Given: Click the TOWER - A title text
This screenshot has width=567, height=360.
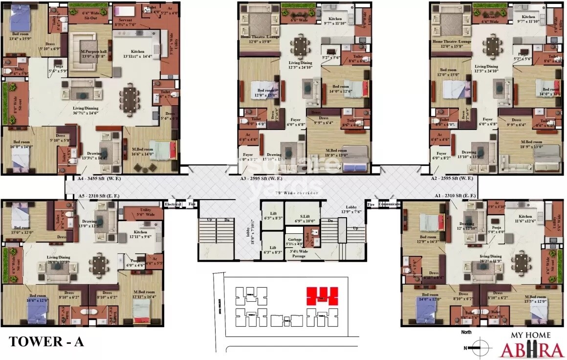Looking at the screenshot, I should click(x=47, y=341).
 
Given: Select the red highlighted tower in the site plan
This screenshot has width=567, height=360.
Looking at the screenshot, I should click(x=322, y=296).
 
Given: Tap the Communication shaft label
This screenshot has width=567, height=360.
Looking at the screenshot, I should click(x=389, y=204).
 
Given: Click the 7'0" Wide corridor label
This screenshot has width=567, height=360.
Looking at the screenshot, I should click(x=298, y=193).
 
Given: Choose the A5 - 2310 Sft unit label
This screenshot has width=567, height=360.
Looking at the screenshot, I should click(x=99, y=196).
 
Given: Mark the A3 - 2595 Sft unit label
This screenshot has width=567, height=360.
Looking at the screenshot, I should click(x=262, y=179).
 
